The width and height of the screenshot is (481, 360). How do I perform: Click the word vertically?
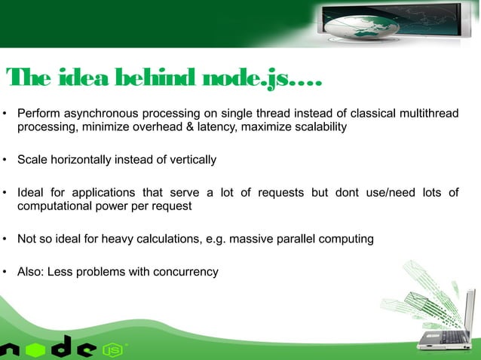191,160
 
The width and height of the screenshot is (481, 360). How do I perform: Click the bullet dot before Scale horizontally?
6,160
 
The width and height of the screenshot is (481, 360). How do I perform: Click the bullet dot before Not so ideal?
6,240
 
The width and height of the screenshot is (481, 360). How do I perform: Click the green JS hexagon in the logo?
112,349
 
